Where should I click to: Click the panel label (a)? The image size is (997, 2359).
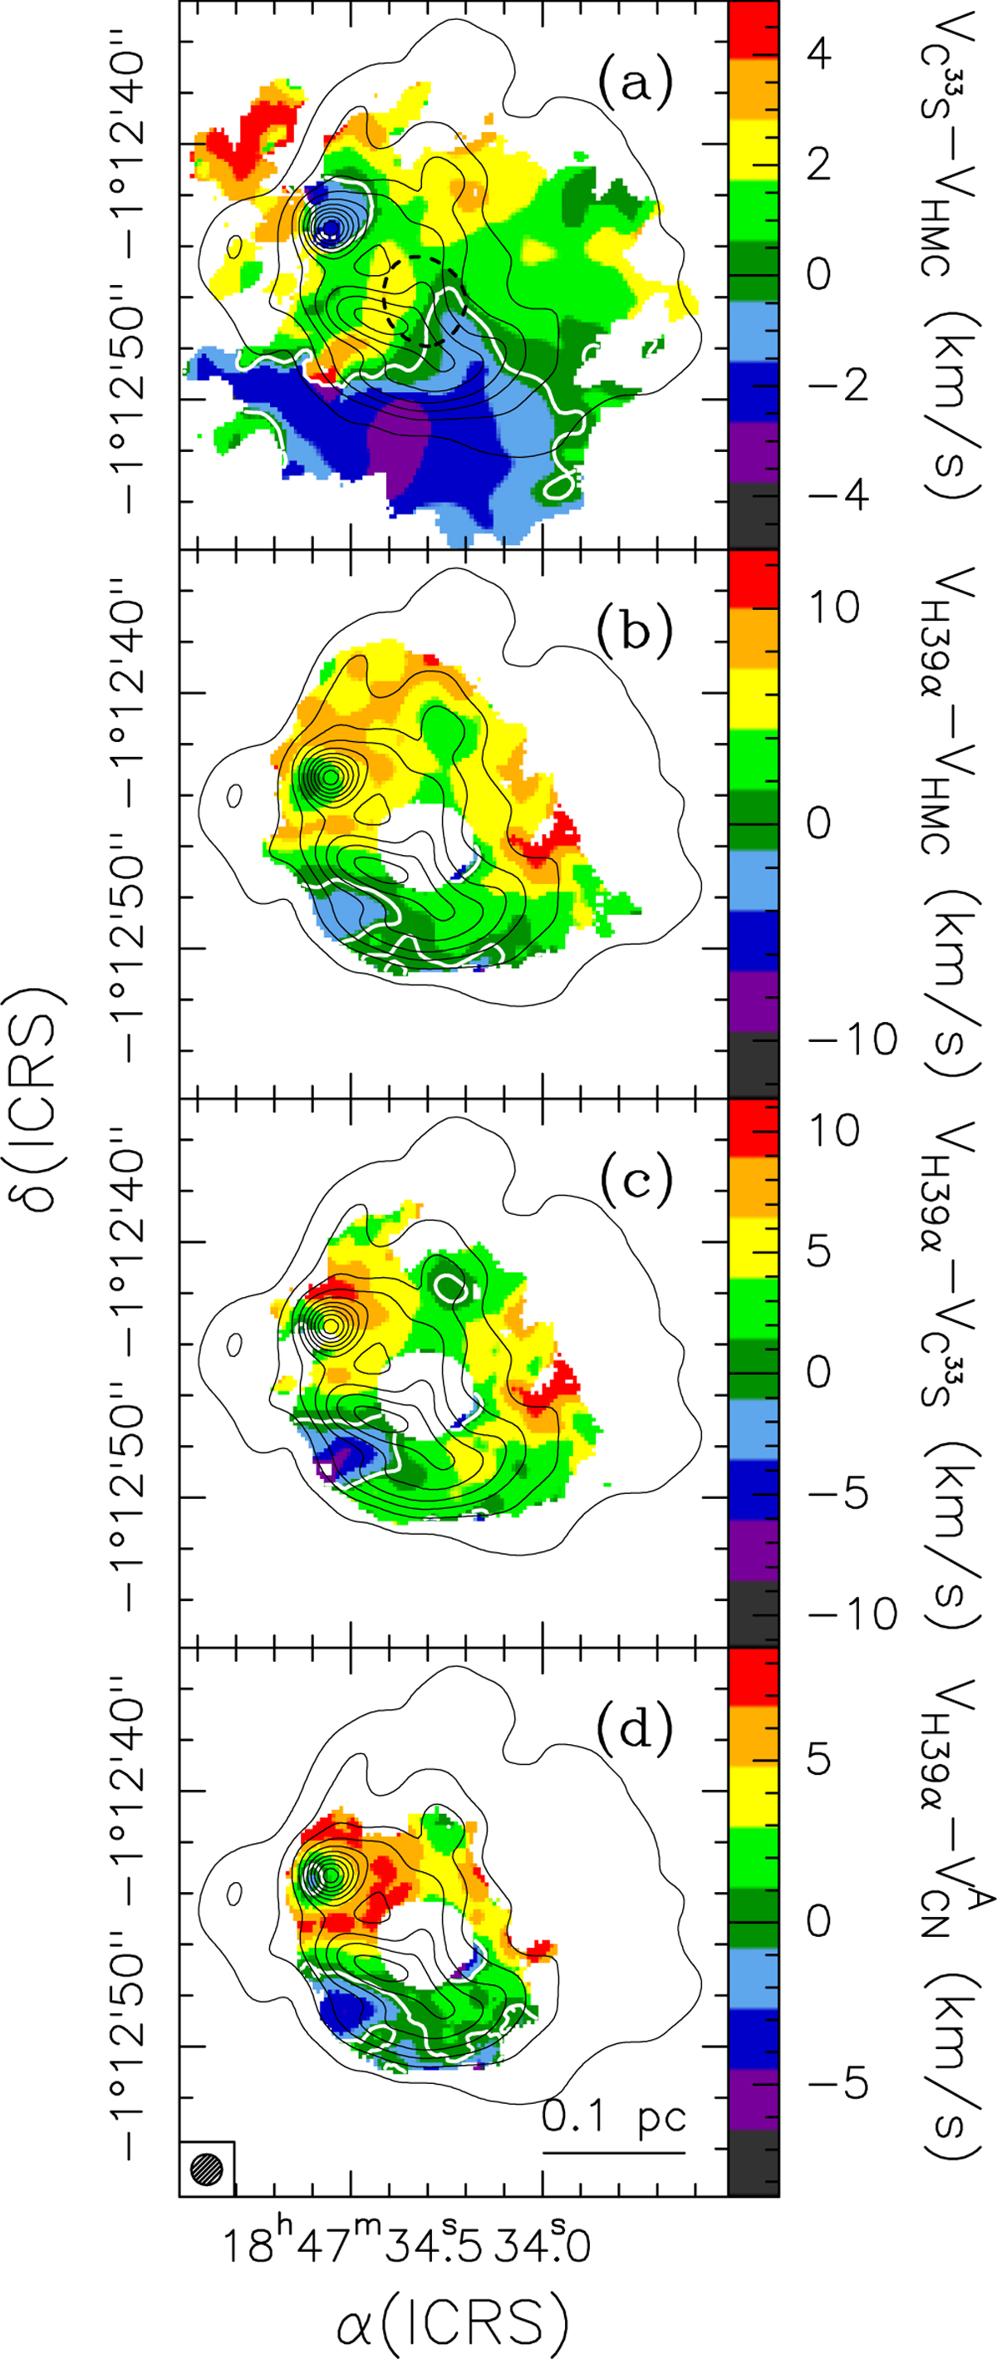(x=635, y=83)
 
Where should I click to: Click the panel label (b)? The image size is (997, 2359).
(x=635, y=630)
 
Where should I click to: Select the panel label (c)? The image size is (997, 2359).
(x=635, y=1180)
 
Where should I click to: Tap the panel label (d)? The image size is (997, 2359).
(x=635, y=1727)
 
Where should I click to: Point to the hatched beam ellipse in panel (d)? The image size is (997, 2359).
(x=207, y=2168)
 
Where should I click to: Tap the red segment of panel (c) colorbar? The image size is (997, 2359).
(x=753, y=1130)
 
